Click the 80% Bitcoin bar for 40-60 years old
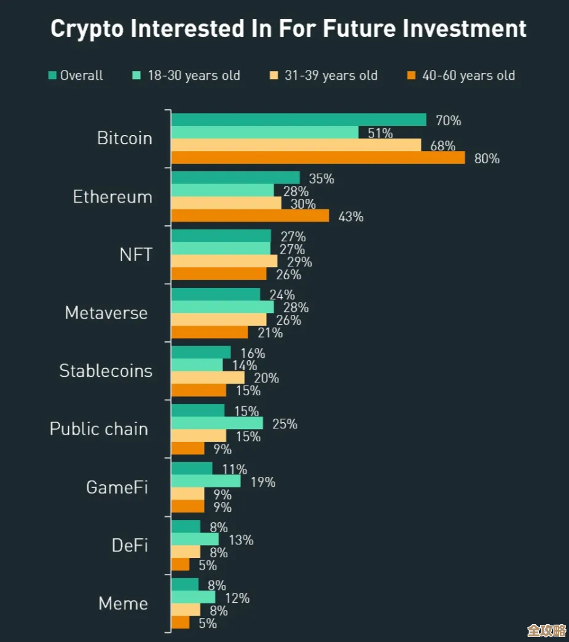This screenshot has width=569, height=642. point(318,158)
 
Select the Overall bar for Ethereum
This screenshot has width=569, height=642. point(235,178)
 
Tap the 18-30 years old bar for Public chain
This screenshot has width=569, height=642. point(217,423)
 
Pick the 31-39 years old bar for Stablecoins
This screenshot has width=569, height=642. point(208,377)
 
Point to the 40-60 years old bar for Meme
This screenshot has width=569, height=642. point(180,622)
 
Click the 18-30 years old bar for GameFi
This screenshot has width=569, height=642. point(206,481)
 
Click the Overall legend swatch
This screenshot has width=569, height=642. point(52,75)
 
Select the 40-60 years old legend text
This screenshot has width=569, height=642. point(468,76)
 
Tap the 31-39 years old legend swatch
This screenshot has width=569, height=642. point(274,75)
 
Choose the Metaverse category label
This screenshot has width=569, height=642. point(106,313)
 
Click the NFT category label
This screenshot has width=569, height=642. point(136,255)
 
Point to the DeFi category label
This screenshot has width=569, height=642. point(130,545)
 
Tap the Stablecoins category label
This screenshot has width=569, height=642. point(106,371)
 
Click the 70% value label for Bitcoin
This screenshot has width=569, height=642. point(448,120)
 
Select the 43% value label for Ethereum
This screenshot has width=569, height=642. point(351,217)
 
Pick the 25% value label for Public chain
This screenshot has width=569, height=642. point(284,423)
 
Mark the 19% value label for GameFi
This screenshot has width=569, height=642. point(262,482)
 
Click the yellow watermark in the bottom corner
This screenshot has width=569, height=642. point(546,630)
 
